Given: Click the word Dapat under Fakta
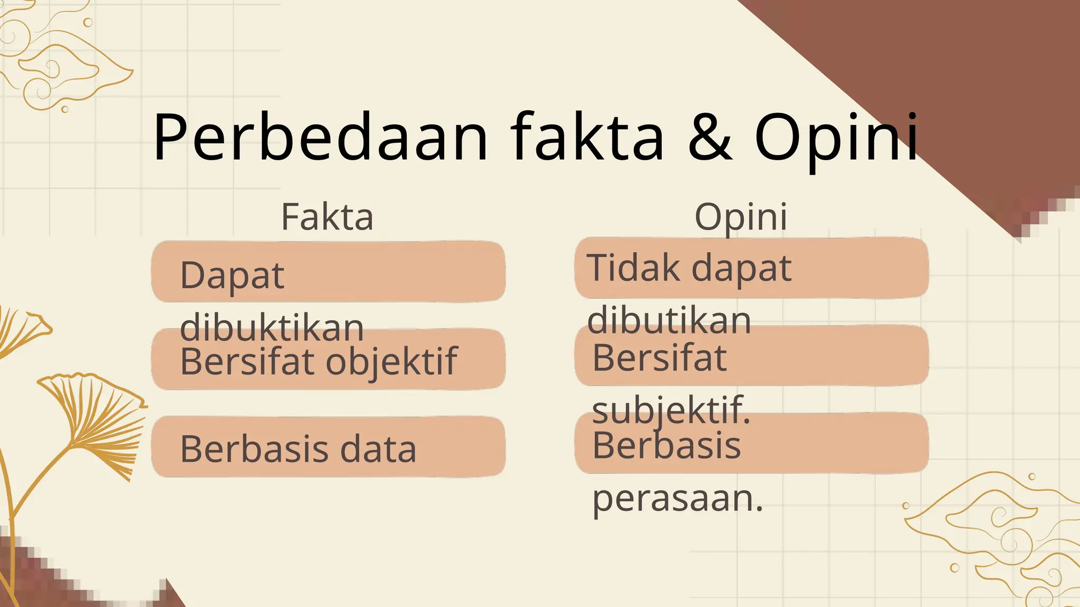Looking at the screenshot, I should click(232, 276).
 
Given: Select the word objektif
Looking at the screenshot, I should click(392, 363).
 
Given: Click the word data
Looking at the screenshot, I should click(378, 449).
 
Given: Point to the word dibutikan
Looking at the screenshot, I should click(669, 320).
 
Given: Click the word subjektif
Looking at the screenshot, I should click(671, 410).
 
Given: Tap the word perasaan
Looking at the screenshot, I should click(678, 498).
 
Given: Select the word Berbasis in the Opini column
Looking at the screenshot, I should click(667, 445).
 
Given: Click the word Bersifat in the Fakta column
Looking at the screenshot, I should click(247, 361).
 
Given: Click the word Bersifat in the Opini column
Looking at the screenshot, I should click(659, 358).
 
